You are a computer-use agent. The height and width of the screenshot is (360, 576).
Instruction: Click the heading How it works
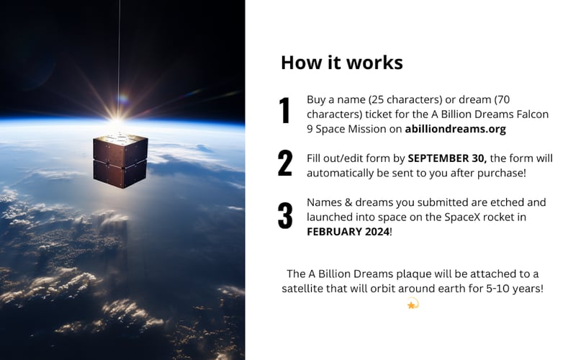[341, 63]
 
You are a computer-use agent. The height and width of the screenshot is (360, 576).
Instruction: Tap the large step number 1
[285, 111]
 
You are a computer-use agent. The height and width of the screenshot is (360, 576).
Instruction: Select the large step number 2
[285, 163]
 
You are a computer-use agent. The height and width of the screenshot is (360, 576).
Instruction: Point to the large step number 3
[285, 215]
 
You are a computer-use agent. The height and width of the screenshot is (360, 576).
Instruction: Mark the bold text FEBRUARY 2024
[348, 232]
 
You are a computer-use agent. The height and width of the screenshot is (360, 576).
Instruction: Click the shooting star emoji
[413, 304]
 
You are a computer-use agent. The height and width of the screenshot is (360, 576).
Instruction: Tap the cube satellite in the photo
[120, 160]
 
